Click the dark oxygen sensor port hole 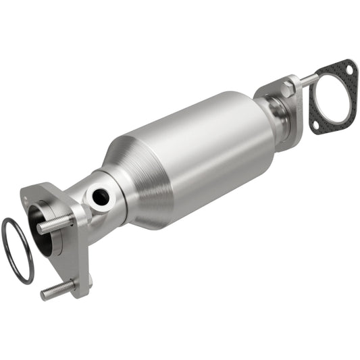[100, 197]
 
